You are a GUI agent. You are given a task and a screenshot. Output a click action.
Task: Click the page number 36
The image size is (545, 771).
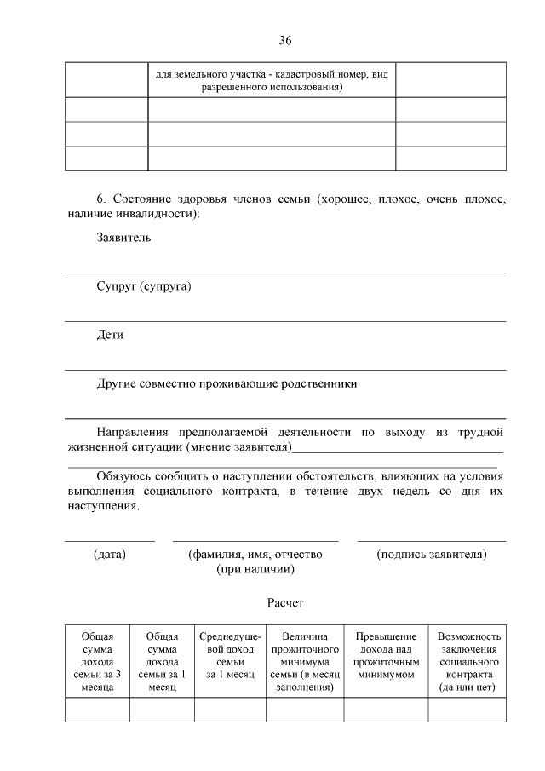tap(285, 40)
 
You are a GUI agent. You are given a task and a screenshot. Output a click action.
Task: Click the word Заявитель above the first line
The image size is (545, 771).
tap(123, 237)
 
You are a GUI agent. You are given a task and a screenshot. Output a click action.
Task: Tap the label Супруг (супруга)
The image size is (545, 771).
tap(144, 286)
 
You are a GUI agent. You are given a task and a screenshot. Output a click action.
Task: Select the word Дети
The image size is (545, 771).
tap(110, 335)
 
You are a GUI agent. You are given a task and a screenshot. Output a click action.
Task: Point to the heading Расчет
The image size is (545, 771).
tap(285, 603)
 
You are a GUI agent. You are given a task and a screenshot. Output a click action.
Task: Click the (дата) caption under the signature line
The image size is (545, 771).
tap(110, 555)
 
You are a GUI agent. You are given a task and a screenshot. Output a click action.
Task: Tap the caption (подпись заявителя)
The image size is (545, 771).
tap(432, 555)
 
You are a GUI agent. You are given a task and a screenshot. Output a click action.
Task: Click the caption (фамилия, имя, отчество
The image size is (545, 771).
tap(255, 555)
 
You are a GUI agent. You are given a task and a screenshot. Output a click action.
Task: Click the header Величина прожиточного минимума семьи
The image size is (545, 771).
tap(304, 662)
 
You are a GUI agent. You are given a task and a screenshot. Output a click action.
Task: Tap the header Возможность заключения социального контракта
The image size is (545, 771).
tap(469, 662)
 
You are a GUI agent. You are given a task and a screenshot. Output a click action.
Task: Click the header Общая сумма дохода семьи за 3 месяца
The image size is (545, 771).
tap(97, 662)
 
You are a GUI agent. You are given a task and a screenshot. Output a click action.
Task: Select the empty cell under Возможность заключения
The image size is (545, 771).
tap(469, 710)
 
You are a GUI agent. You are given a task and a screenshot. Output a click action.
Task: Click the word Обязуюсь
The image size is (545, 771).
tap(126, 475)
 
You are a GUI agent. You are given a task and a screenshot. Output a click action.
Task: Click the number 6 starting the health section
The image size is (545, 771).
tap(100, 199)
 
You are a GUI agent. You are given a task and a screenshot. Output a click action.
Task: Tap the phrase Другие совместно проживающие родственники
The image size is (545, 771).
tap(227, 383)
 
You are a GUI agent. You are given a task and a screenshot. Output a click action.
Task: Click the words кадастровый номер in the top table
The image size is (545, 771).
tap(311, 75)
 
